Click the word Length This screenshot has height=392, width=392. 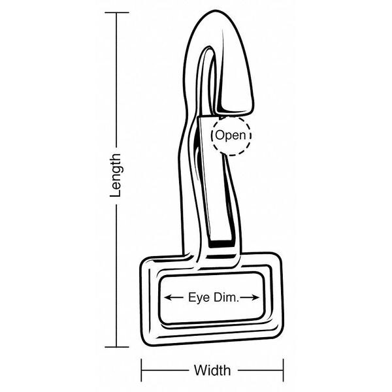116,175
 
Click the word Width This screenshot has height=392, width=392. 212,370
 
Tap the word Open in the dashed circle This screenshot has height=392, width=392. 231,135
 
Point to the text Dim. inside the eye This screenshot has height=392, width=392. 226,297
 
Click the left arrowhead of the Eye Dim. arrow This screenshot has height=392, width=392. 167,297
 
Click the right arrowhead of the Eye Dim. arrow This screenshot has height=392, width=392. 255,297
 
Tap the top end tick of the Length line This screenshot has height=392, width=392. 117,12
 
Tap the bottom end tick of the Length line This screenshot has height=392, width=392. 117,347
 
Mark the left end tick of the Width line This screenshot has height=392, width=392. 142,370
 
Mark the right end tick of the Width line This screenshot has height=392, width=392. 284,370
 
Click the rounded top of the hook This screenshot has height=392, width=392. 215,12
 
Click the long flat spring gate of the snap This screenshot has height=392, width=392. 215,180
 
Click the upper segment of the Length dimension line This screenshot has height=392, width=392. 116,80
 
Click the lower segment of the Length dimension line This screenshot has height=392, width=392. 116,276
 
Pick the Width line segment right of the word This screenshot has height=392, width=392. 261,370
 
